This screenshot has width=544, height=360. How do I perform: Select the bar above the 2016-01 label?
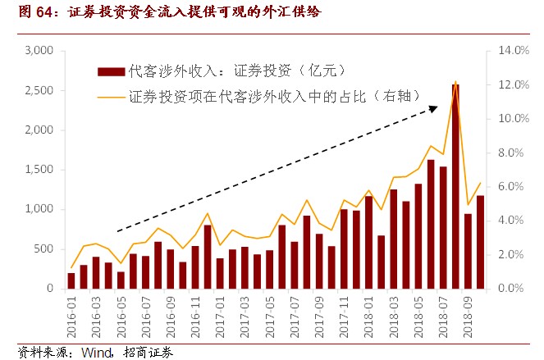(x=71, y=280)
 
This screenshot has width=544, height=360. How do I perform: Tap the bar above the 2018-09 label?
(x=468, y=251)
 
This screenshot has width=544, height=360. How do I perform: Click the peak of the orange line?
(x=455, y=82)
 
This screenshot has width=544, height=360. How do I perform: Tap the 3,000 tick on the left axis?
(x=39, y=51)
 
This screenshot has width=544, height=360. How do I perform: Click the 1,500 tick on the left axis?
(x=39, y=170)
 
